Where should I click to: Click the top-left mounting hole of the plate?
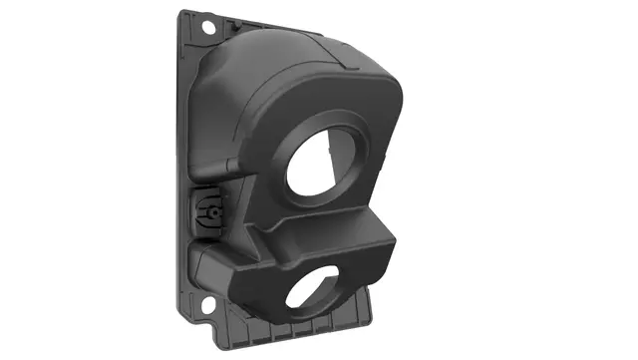click(x=210, y=27)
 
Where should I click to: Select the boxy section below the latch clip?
click(x=214, y=264)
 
